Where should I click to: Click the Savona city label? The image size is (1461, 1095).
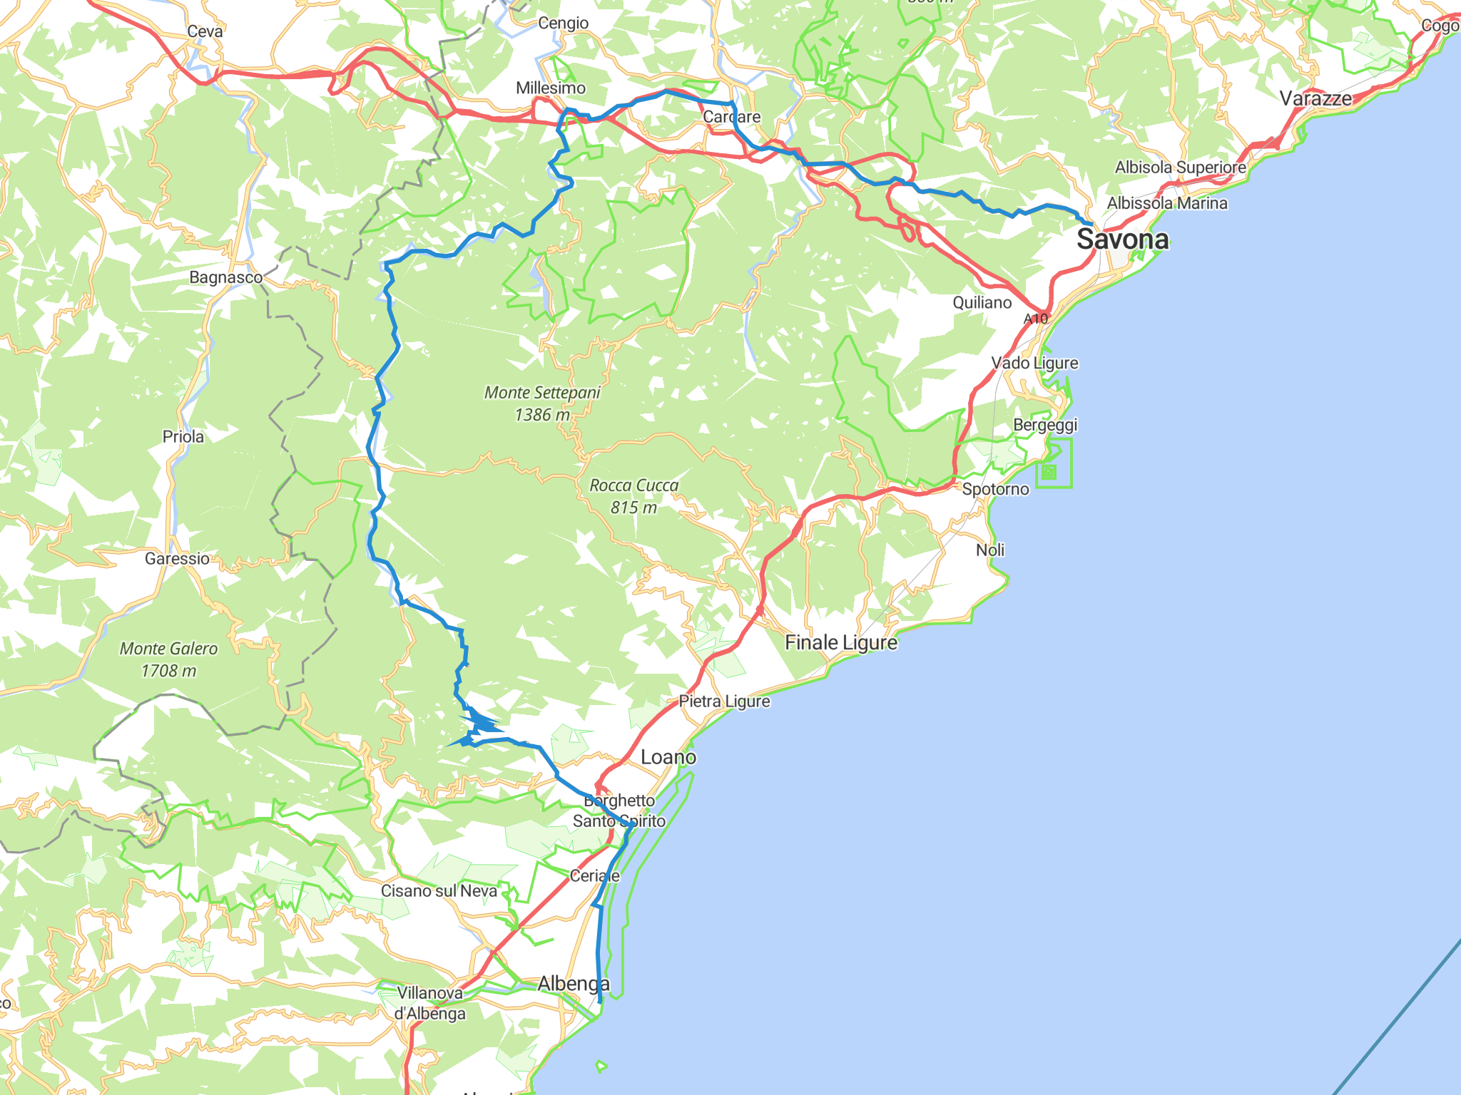coord(1122,240)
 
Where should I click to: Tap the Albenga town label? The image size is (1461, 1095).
coord(574,984)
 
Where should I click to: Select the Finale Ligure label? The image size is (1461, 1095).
coord(841,642)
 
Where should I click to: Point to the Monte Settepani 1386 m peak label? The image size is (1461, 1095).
coord(542,403)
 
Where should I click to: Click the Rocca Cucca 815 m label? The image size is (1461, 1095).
coord(633,496)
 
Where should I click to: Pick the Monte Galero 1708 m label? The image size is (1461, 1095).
coord(168,659)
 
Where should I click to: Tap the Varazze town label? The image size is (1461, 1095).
coord(1315,98)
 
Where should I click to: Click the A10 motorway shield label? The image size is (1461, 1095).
coord(1035,319)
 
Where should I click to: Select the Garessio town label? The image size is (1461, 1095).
coord(177,558)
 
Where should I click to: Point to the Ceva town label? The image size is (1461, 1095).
coord(205,31)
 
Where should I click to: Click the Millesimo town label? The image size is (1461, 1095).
coord(551,88)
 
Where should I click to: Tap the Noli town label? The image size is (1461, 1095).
coord(990,550)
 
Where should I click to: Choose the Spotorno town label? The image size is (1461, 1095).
coord(995,489)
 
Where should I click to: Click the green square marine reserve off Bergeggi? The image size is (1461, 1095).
coord(1054,464)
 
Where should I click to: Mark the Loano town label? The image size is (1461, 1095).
coord(668,757)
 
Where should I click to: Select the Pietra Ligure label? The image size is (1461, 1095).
coord(724,701)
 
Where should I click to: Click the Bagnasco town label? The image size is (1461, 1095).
coord(225,277)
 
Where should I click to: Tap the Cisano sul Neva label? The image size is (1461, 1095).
coord(439,890)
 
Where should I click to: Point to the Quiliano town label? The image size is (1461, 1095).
coord(982,302)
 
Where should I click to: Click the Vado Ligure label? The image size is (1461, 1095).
coord(1034,363)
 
